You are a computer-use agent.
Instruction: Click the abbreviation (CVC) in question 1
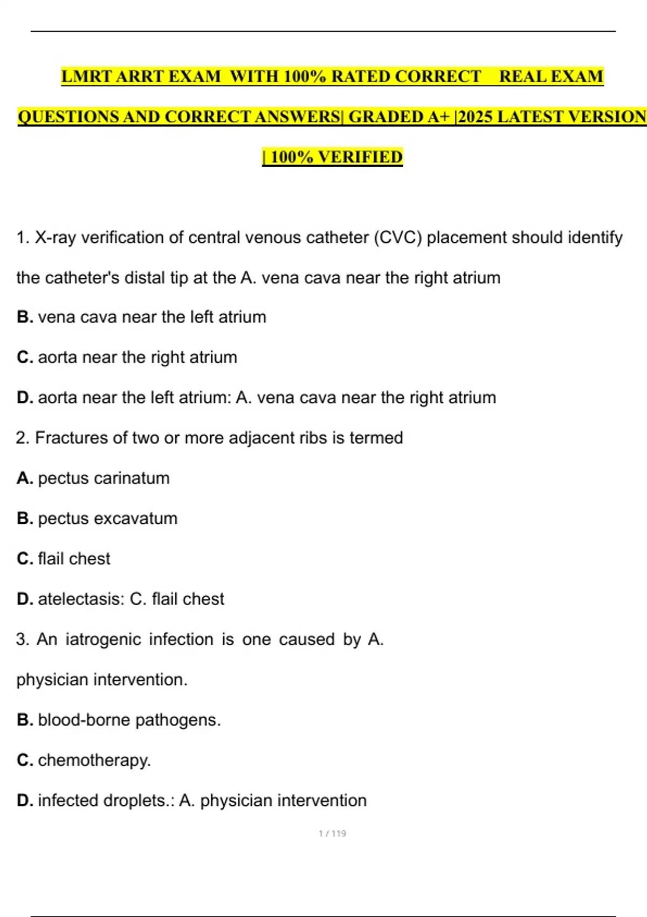(x=398, y=237)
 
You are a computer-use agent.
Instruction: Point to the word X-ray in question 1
(x=56, y=237)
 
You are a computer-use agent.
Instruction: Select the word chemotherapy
(x=94, y=761)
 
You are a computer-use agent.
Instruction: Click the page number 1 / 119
(x=332, y=833)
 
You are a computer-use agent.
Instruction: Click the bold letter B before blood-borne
(x=24, y=720)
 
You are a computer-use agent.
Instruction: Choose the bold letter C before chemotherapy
(x=24, y=761)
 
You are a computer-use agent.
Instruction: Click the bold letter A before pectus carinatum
(x=24, y=478)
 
